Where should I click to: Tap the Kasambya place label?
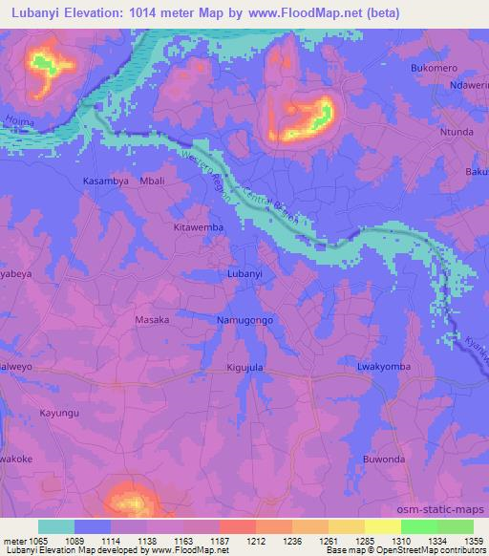(x=104, y=181)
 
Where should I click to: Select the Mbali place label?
(x=153, y=181)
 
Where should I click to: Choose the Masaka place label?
(x=152, y=320)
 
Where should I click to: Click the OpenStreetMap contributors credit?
(x=440, y=550)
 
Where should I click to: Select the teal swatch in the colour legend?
(x=56, y=526)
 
